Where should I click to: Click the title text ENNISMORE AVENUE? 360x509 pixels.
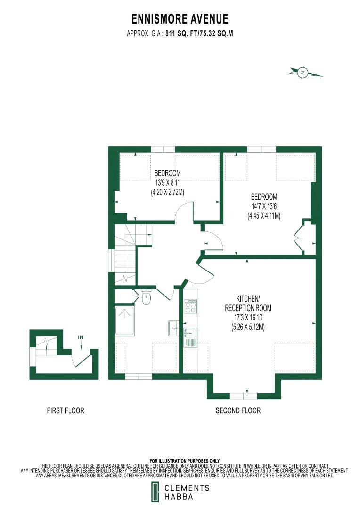(x=180, y=19)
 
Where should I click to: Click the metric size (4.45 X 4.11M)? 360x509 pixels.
(x=264, y=216)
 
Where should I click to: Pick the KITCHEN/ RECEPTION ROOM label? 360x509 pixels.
(x=247, y=303)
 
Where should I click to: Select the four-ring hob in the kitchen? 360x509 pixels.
(x=191, y=307)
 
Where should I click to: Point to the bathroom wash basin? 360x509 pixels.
(x=173, y=326)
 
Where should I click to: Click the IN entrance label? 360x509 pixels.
(x=81, y=337)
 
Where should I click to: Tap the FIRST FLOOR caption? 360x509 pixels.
(x=65, y=410)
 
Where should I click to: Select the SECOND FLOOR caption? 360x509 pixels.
(x=238, y=410)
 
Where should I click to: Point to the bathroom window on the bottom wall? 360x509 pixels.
(x=138, y=376)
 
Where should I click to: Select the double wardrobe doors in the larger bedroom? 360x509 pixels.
(x=298, y=238)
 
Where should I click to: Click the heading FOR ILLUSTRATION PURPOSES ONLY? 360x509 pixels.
(x=184, y=460)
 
